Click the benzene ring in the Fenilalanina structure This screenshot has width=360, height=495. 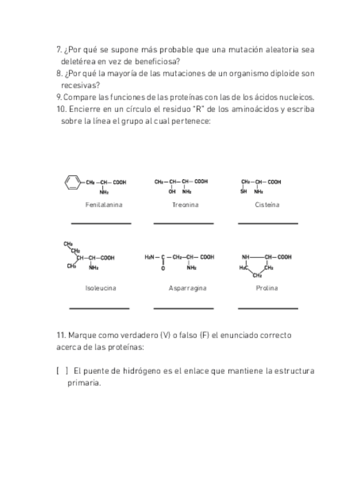72,182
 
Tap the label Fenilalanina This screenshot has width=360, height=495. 104,205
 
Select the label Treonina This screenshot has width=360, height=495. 185,205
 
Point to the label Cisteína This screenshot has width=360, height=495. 267,205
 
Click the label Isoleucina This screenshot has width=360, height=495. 100,288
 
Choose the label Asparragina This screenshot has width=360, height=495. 187,288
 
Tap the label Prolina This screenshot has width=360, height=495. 267,288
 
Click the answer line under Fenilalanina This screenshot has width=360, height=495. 101,223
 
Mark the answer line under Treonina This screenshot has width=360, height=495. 183,223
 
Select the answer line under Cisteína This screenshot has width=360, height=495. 268,223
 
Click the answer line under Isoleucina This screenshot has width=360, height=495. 99,308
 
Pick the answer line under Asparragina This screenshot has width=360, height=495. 183,308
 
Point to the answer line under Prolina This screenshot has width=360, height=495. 268,308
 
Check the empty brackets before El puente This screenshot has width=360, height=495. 62,371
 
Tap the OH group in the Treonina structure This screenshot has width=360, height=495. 172,191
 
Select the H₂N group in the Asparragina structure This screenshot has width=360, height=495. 150,257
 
